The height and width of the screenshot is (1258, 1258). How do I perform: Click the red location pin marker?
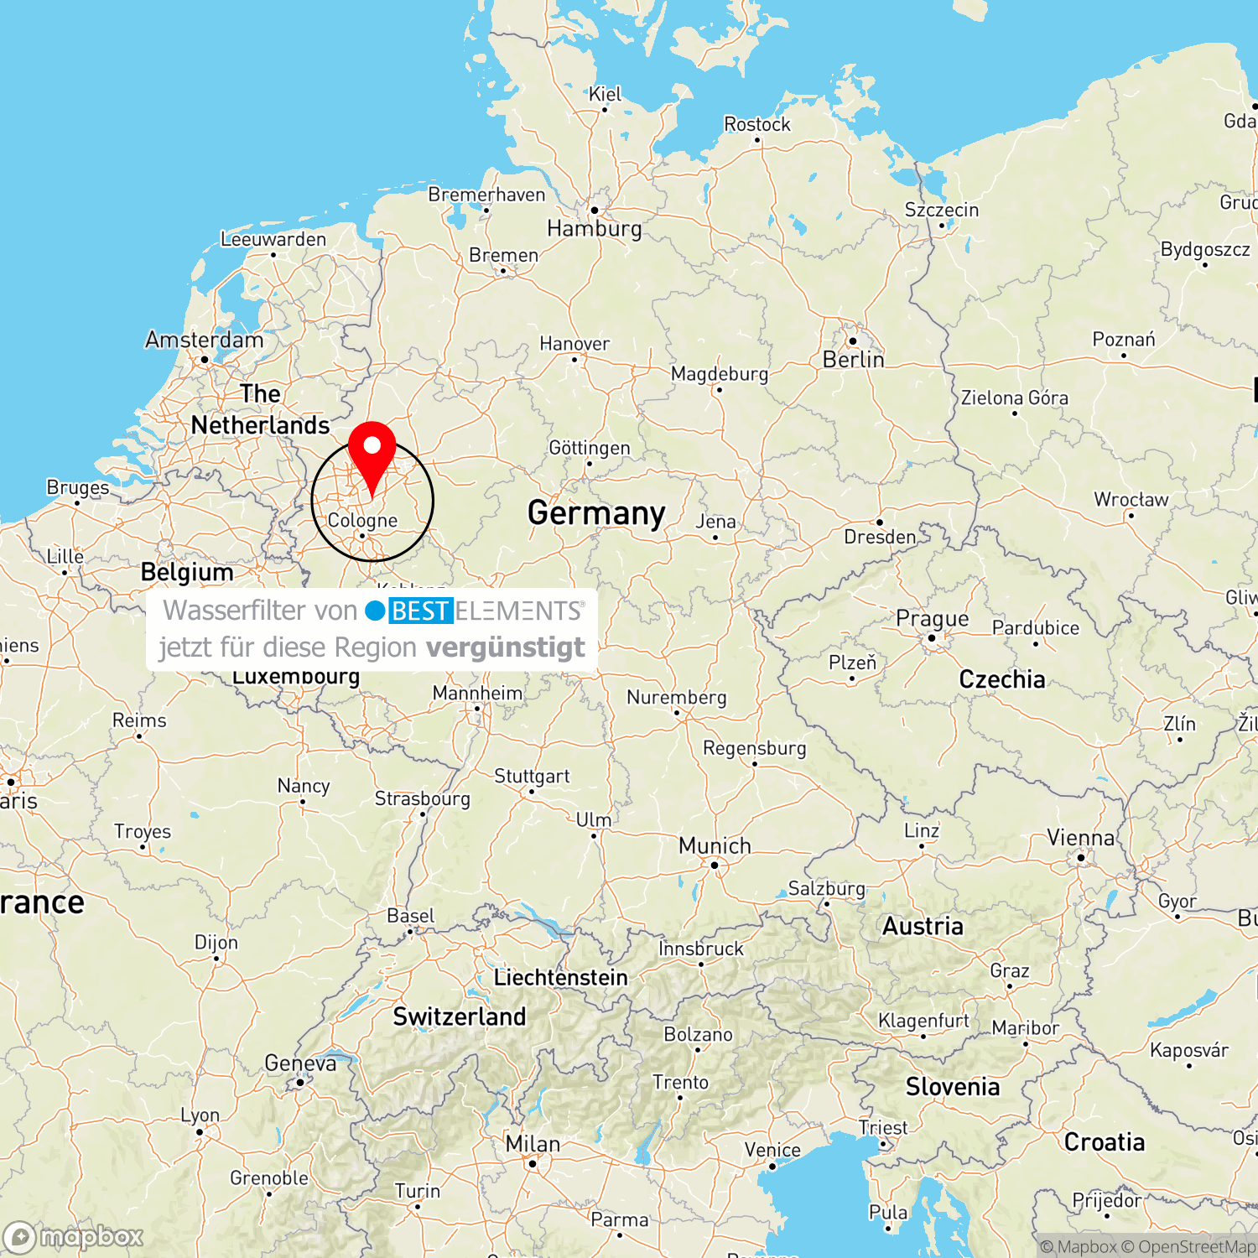click(372, 453)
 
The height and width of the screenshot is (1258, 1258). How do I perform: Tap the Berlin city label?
click(853, 360)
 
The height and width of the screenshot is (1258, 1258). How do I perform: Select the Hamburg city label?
click(594, 228)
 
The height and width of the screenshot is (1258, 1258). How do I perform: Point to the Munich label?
click(715, 845)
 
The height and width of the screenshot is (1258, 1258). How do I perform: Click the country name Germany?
click(596, 512)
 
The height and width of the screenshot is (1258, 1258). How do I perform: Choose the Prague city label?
click(932, 619)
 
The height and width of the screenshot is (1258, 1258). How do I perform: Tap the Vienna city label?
click(1080, 838)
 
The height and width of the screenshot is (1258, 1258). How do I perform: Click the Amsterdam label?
click(204, 340)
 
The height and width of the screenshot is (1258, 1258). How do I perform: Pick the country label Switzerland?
click(460, 1016)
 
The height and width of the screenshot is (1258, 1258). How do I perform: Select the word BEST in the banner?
click(420, 611)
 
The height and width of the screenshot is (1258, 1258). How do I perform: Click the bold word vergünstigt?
click(505, 647)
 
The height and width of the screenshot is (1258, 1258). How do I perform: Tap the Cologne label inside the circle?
click(362, 520)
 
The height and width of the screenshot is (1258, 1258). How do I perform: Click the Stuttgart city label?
click(532, 776)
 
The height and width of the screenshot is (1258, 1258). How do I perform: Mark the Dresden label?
click(880, 537)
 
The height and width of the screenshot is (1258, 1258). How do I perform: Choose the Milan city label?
click(533, 1144)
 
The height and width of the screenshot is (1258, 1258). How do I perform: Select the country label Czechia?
click(1002, 679)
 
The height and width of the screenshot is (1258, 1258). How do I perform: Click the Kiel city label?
click(605, 94)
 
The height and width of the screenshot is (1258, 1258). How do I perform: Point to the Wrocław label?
click(1131, 500)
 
